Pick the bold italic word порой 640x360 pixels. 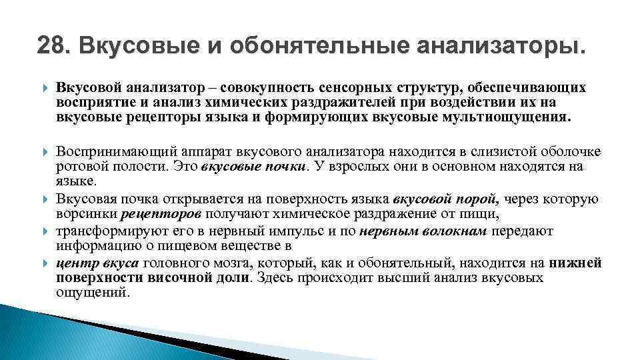pyautogui.click(x=478, y=199)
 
